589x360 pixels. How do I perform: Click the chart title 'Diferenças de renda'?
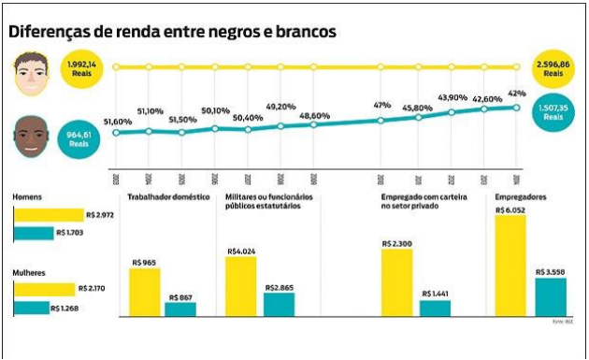(172, 31)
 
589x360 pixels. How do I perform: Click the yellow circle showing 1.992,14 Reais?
(82, 67)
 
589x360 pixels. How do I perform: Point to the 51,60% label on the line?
(117, 122)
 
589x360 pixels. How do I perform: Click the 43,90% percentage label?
(453, 98)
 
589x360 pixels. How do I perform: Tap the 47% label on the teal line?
(381, 106)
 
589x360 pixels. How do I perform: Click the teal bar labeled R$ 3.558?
(551, 297)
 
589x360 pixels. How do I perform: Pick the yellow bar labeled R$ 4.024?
(241, 287)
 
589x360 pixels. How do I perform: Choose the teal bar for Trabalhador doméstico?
(180, 310)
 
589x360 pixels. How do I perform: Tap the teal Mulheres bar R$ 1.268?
(31, 308)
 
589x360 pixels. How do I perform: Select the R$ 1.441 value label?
(436, 294)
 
